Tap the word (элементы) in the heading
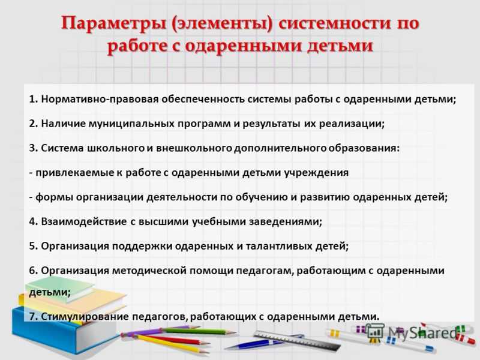coord(222,24)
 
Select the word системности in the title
coord(332,23)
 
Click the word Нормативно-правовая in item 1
coord(100,99)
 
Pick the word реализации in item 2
coord(352,124)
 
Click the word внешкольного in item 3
coord(194,148)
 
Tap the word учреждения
coord(316,173)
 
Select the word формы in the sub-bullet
coord(55,197)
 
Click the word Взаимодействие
coord(83,221)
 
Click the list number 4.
coord(33,221)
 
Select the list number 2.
coord(33,124)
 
